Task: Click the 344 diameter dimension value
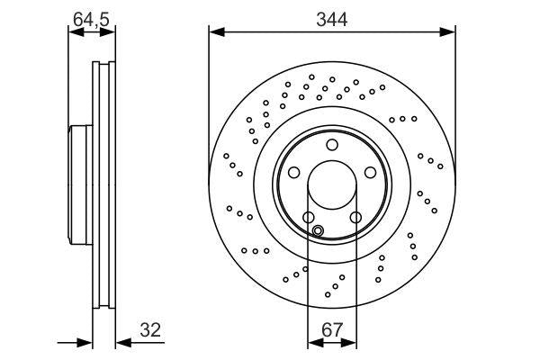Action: (x=331, y=17)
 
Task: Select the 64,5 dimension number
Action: (x=92, y=17)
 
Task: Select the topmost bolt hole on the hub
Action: (x=331, y=145)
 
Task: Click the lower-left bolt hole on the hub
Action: (x=307, y=218)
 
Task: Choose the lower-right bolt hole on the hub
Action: (x=355, y=218)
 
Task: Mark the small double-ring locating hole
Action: (x=317, y=231)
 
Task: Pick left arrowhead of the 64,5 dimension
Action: (x=75, y=33)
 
